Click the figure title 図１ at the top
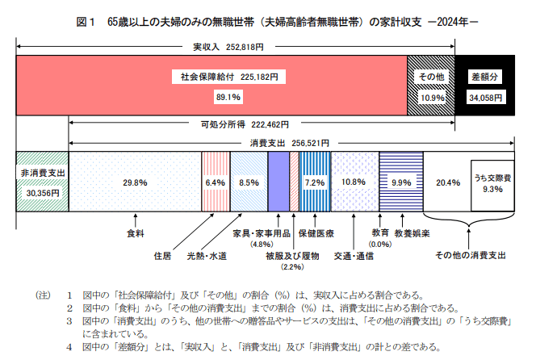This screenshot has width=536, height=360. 86,22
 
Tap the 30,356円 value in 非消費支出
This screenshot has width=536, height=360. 42,194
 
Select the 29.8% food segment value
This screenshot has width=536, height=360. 135,183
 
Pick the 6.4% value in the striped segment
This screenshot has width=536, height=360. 215,183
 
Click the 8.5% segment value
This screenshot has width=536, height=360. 249,183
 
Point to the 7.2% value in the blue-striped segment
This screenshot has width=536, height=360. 313,183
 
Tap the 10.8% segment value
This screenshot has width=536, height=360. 354,183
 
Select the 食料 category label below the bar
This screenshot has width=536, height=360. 136,233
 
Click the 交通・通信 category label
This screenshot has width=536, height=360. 351,255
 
